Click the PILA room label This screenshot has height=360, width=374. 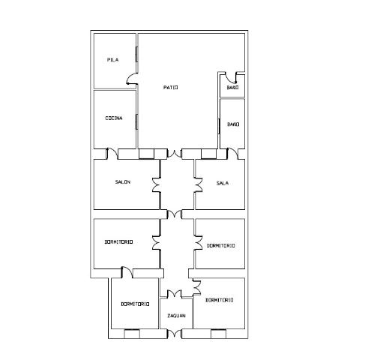pyautogui.click(x=112, y=60)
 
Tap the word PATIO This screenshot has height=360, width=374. pyautogui.click(x=171, y=88)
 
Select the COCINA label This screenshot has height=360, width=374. pyautogui.click(x=114, y=118)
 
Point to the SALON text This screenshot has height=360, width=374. pyautogui.click(x=123, y=182)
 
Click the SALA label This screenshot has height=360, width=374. pyautogui.click(x=223, y=183)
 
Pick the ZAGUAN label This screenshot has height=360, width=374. pyautogui.click(x=176, y=316)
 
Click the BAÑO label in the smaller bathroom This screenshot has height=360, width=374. pyautogui.click(x=232, y=88)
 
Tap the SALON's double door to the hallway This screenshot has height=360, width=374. pyautogui.click(x=156, y=185)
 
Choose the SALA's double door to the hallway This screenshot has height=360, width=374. pyautogui.click(x=199, y=185)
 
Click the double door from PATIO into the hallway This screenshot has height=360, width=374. pyautogui.click(x=175, y=154)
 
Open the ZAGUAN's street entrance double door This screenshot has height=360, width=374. pyautogui.click(x=175, y=334)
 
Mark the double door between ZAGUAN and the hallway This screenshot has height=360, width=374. pyautogui.click(x=175, y=293)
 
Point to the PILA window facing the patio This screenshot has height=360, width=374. pyautogui.click(x=137, y=54)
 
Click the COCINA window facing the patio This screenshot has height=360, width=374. pyautogui.click(x=137, y=121)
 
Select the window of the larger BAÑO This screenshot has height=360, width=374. pyautogui.click(x=219, y=126)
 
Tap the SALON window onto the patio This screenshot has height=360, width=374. pyautogui.click(x=146, y=154)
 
